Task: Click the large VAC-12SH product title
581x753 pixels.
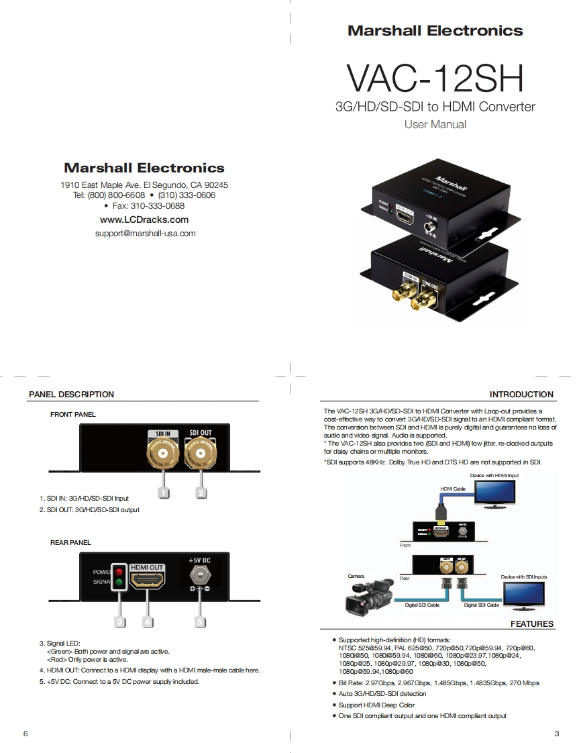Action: pyautogui.click(x=435, y=79)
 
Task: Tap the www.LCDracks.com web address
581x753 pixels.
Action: pyautogui.click(x=144, y=219)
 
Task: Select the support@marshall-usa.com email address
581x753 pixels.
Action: pyautogui.click(x=146, y=234)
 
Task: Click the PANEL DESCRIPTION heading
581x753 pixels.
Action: pyautogui.click(x=71, y=395)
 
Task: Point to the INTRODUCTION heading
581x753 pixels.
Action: pyautogui.click(x=521, y=395)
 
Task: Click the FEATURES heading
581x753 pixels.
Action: pyautogui.click(x=532, y=624)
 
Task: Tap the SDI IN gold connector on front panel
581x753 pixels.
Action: pyautogui.click(x=163, y=456)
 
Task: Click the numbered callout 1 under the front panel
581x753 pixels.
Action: pyautogui.click(x=163, y=492)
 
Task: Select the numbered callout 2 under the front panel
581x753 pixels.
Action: pyautogui.click(x=200, y=492)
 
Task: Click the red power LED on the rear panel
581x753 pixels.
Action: pyautogui.click(x=119, y=571)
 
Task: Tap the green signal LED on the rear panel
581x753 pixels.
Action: pyautogui.click(x=119, y=583)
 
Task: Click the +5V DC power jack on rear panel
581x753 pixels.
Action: pyautogui.click(x=199, y=575)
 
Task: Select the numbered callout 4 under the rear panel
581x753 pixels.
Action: pyautogui.click(x=147, y=621)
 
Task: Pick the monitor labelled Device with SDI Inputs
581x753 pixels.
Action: pyautogui.click(x=524, y=593)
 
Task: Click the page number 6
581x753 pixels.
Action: pyautogui.click(x=25, y=734)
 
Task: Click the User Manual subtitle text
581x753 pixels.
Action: pyautogui.click(x=435, y=124)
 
